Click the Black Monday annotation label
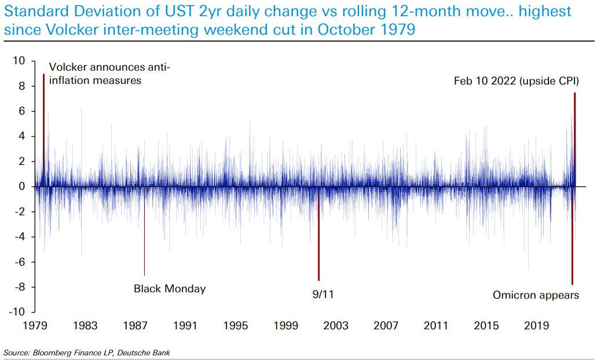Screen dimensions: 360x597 pyautogui.click(x=170, y=288)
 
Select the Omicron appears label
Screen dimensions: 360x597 pyautogui.click(x=536, y=295)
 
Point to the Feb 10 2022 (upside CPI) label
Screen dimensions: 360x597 pyautogui.click(x=516, y=82)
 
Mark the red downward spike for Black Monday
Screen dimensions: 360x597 pyautogui.click(x=144, y=243)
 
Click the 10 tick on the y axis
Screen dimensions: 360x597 pyautogui.click(x=20, y=61)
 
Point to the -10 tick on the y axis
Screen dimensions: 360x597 pyautogui.click(x=17, y=313)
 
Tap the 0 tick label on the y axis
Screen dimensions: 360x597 pyautogui.click(x=22, y=186)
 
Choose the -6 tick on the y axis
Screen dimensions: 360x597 pyautogui.click(x=20, y=262)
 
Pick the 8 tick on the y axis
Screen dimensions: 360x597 pyautogui.click(x=22, y=86)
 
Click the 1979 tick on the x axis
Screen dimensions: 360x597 pyautogui.click(x=36, y=326)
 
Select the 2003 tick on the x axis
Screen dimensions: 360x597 pyautogui.click(x=336, y=326)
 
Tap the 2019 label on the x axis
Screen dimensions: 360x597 pyautogui.click(x=536, y=326)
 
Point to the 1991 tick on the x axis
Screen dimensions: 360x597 pyautogui.click(x=186, y=326)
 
